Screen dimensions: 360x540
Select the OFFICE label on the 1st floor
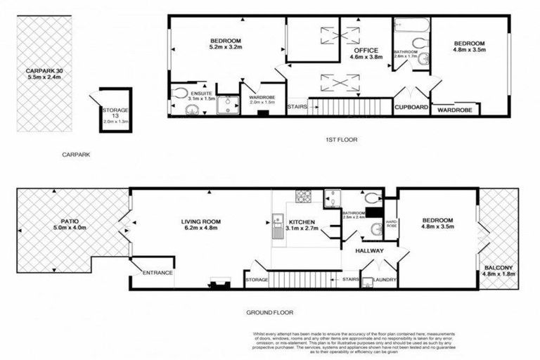366,51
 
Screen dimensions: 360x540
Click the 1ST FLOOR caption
342,139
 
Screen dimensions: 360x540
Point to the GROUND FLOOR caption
270,312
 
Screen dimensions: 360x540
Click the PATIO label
69,220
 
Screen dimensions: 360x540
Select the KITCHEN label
302,221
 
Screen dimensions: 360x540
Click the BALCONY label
499,267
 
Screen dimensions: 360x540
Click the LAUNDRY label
385,281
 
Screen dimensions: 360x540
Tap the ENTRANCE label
157,273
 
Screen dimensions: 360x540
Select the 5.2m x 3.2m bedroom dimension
225,49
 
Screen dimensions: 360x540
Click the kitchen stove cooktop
304,196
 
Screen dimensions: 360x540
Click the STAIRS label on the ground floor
351,280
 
